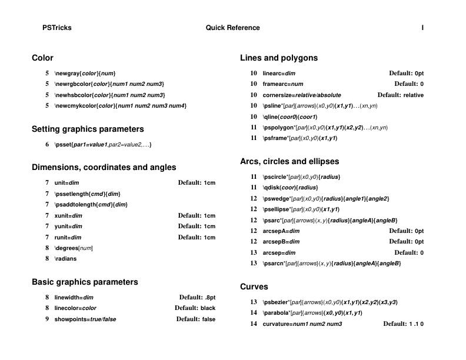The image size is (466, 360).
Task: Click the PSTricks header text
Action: tap(57, 28)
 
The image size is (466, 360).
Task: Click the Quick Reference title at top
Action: tap(232, 28)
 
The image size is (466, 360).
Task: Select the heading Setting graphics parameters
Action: tap(88, 129)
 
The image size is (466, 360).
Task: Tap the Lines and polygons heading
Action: tap(279, 58)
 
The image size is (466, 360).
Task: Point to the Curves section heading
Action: tap(254, 286)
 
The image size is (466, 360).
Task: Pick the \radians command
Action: tap(65, 258)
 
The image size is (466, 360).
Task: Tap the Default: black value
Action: tap(195, 308)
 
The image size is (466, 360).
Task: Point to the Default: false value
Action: tap(196, 319)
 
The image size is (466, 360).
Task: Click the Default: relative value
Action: tap(400, 95)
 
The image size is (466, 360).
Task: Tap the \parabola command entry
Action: tap(312, 313)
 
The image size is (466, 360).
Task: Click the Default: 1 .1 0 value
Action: tap(403, 324)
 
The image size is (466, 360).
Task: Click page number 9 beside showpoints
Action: tap(47, 319)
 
